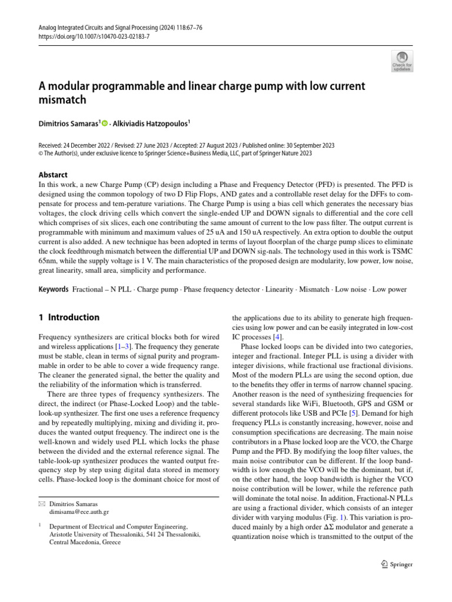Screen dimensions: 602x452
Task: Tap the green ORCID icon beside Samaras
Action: coord(105,124)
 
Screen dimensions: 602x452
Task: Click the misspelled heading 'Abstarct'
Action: coord(53,175)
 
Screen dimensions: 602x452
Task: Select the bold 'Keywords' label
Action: coord(54,290)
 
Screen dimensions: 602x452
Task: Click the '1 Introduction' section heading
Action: coord(69,317)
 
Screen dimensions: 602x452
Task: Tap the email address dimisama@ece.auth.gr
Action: coord(79,512)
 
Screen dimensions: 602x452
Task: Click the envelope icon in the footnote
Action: coord(42,504)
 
